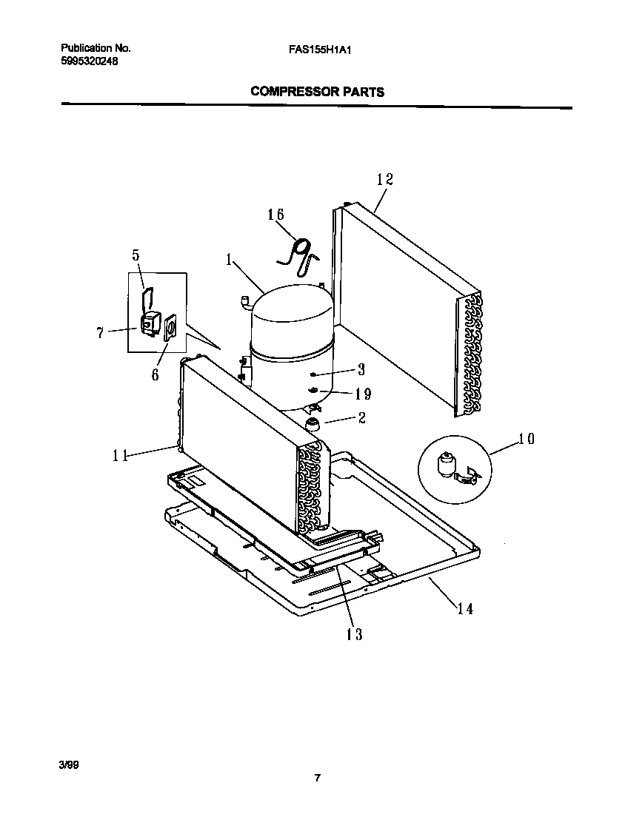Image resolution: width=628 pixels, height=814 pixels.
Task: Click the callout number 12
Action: pyautogui.click(x=384, y=179)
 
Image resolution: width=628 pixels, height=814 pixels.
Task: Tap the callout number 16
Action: pyautogui.click(x=275, y=215)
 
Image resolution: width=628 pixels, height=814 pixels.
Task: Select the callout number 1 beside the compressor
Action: pyautogui.click(x=230, y=260)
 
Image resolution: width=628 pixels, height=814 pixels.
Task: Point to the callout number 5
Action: pyautogui.click(x=136, y=255)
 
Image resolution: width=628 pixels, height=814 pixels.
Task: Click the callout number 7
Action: pyautogui.click(x=100, y=333)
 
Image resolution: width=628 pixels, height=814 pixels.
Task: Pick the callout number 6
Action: pyautogui.click(x=155, y=374)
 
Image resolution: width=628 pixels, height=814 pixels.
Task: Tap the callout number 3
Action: pyautogui.click(x=361, y=369)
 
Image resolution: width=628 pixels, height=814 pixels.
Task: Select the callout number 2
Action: pyautogui.click(x=361, y=418)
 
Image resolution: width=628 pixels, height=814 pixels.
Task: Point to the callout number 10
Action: pyautogui.click(x=526, y=439)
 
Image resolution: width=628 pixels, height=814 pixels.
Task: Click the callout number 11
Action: pyautogui.click(x=120, y=456)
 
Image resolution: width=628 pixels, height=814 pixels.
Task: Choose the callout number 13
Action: pyautogui.click(x=354, y=634)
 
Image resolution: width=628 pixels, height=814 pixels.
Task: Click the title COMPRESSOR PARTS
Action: pyautogui.click(x=317, y=92)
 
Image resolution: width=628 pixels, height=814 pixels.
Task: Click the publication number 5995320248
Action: pyautogui.click(x=89, y=61)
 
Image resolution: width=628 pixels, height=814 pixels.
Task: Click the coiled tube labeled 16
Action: pyautogui.click(x=300, y=249)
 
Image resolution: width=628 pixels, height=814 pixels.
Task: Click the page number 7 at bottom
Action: pyautogui.click(x=317, y=778)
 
